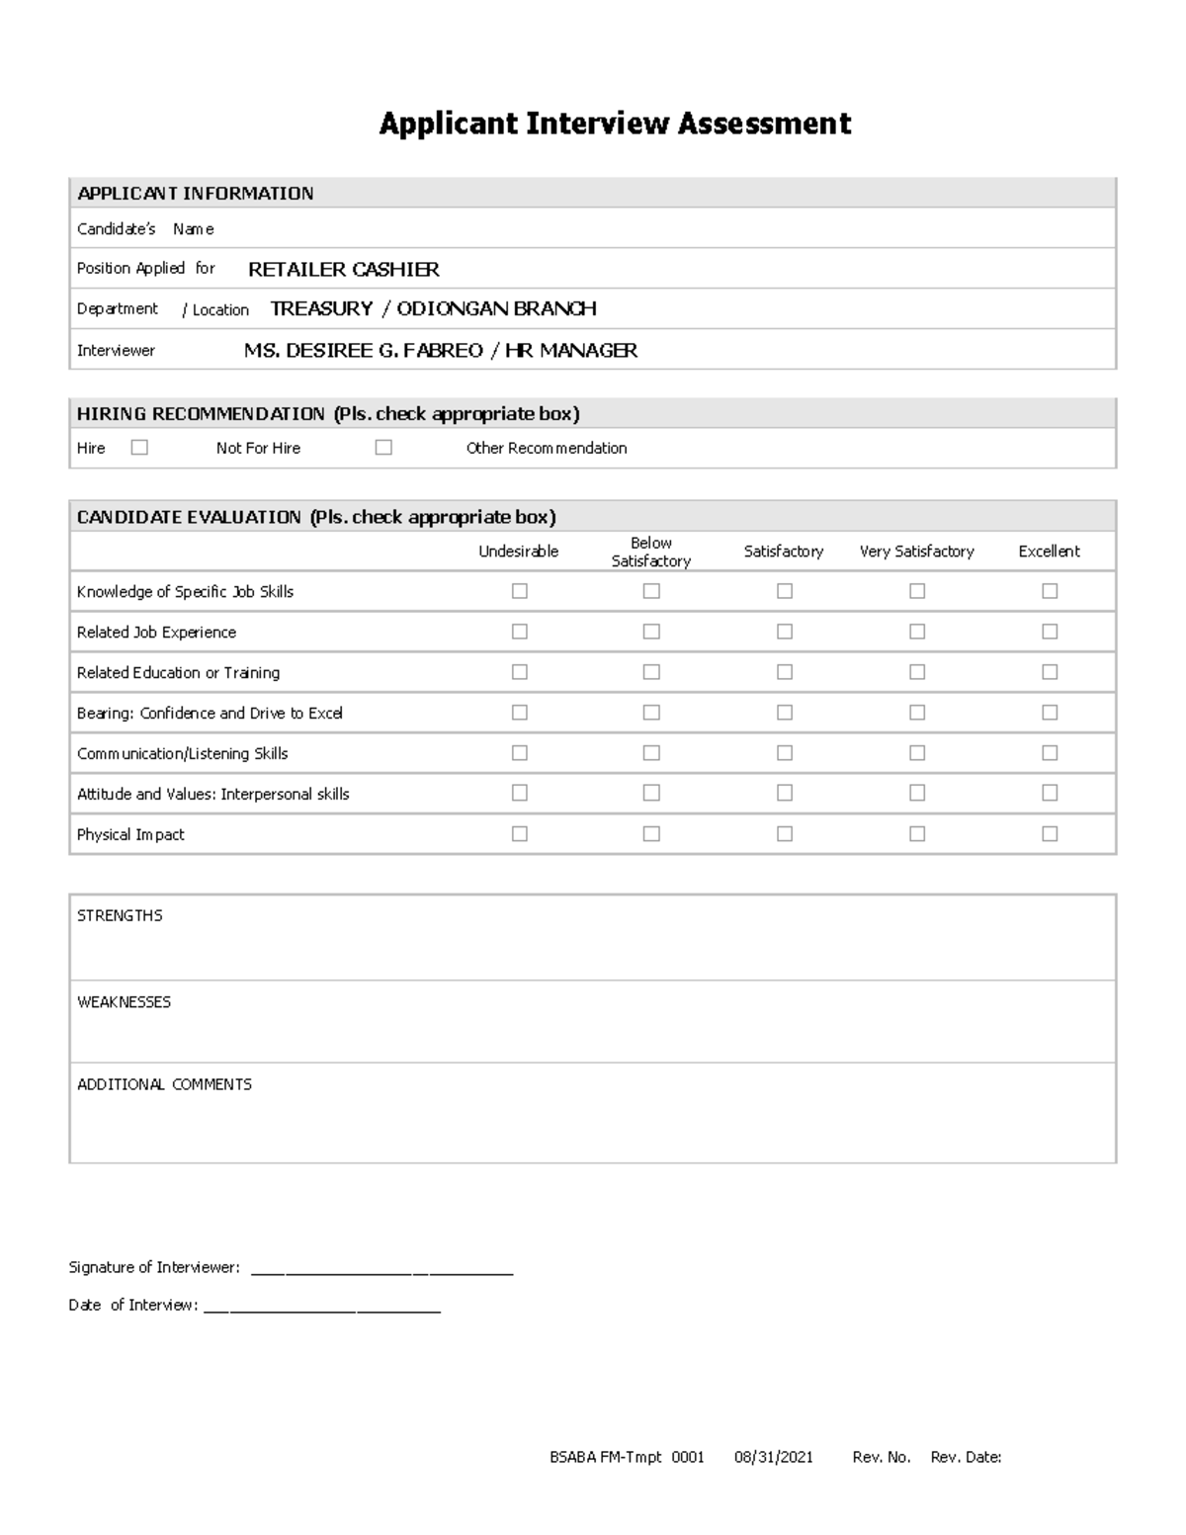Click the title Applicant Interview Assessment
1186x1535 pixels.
tap(615, 124)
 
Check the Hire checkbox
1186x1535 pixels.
tap(139, 448)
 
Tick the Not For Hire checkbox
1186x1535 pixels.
tap(383, 448)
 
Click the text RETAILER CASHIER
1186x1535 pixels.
tap(343, 269)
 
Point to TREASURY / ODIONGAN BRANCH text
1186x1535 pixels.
tap(433, 308)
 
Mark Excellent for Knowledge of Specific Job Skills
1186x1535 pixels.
tap(1050, 591)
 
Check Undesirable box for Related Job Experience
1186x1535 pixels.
tap(520, 632)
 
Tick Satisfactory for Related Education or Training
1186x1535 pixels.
tap(785, 672)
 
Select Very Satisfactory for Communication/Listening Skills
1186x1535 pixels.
tap(917, 753)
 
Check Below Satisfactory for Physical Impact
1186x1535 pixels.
tap(651, 834)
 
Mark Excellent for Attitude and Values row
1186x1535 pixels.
tap(1050, 793)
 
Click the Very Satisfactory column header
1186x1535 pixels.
tap(916, 552)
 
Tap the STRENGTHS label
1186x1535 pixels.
tap(120, 915)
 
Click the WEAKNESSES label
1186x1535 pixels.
tap(124, 1001)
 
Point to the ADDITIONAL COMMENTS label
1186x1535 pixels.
tap(164, 1084)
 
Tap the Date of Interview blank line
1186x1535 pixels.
tap(321, 1308)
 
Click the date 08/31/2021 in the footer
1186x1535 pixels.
tap(774, 1457)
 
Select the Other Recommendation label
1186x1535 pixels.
tap(547, 448)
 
